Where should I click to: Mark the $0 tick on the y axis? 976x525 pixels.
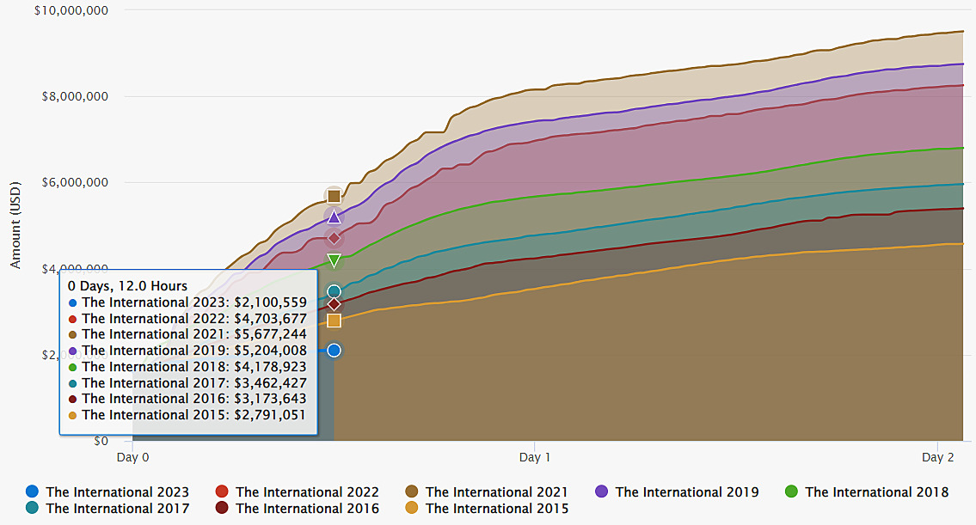(100, 441)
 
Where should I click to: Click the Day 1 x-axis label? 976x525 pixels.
(535, 458)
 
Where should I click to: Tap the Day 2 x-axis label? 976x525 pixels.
(938, 458)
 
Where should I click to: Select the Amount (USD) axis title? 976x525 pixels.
(15, 226)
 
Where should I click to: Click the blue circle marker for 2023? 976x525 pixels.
(334, 351)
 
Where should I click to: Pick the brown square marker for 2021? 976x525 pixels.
(334, 196)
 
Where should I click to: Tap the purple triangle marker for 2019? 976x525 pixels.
(334, 217)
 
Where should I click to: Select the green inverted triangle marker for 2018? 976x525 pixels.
(334, 260)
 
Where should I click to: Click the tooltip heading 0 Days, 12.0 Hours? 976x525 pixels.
(127, 286)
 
